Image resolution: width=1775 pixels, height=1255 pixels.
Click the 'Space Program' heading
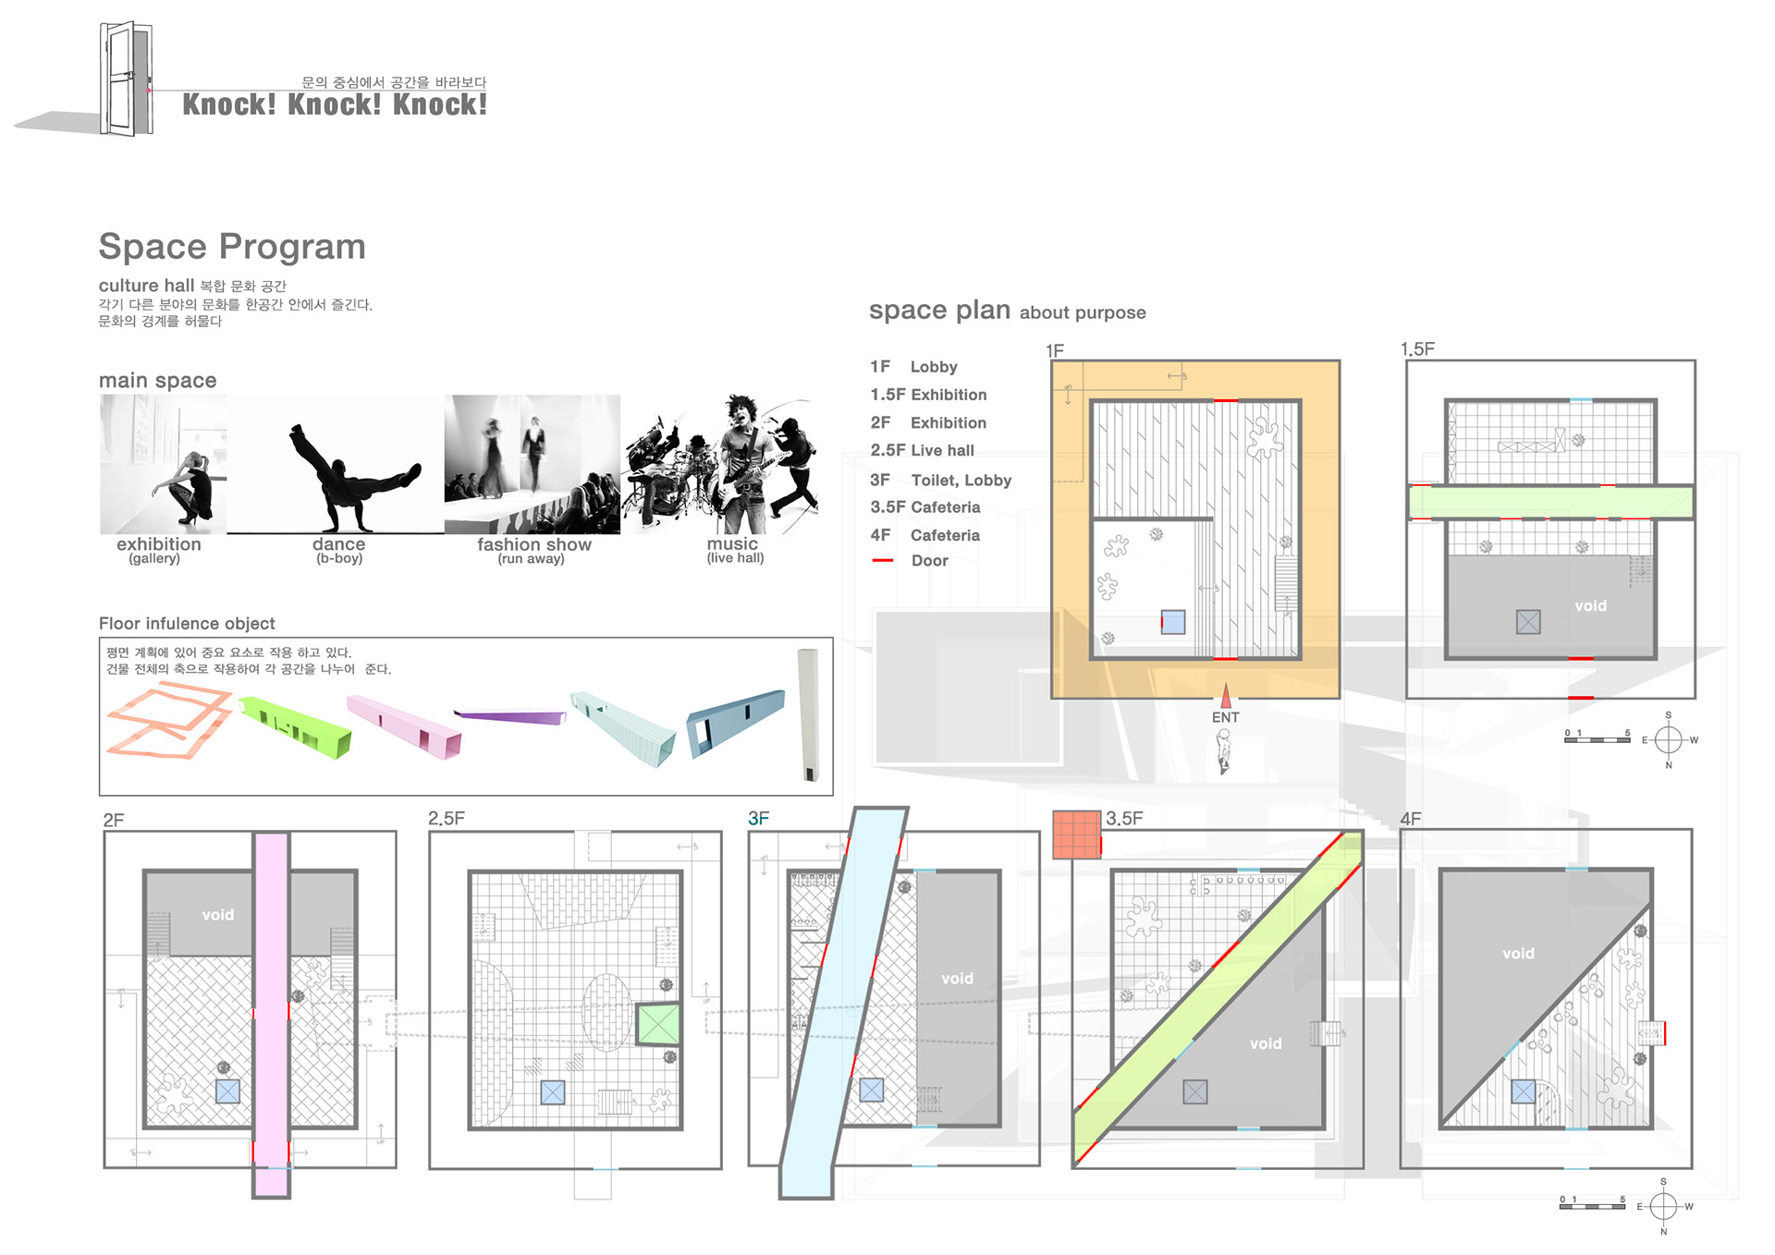click(x=232, y=247)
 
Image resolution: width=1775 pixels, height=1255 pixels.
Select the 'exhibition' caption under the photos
click(x=158, y=544)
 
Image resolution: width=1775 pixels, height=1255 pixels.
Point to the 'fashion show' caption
click(x=533, y=544)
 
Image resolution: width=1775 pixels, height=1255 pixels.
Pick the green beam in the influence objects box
click(x=295, y=727)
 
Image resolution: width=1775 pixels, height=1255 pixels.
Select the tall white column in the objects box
click(x=808, y=714)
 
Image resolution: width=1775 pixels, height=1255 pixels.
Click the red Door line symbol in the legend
click(x=883, y=561)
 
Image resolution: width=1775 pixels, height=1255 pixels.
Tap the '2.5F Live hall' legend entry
click(x=922, y=450)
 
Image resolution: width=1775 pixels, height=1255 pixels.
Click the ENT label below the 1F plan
click(x=1225, y=717)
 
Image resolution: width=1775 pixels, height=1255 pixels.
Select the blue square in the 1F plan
click(x=1173, y=622)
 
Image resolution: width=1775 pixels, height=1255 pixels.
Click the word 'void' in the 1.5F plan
click(x=1590, y=605)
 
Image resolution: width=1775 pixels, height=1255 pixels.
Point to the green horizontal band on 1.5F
click(x=1550, y=502)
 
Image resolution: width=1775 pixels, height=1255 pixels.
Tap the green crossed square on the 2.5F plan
click(x=658, y=1024)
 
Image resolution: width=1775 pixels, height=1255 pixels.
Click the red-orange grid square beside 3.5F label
click(x=1076, y=835)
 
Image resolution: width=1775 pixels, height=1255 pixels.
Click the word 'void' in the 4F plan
click(x=1518, y=953)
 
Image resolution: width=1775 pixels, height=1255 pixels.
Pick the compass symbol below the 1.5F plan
click(x=1668, y=739)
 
